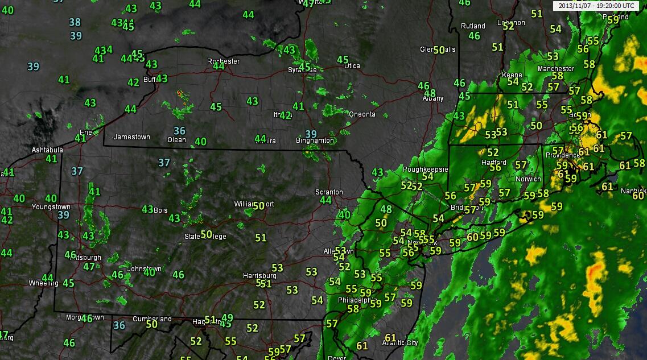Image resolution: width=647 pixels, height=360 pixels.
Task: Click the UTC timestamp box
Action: pos(596,5)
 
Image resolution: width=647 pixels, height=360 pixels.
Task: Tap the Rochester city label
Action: pos(223,61)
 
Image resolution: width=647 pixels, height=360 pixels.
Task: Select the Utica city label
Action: pos(352,65)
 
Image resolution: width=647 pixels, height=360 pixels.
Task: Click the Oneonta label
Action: pos(362,114)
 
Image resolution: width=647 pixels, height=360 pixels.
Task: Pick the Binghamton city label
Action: pos(315,140)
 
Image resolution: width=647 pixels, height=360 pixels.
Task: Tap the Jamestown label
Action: pos(131,137)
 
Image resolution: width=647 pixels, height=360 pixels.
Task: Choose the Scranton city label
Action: pos(329,192)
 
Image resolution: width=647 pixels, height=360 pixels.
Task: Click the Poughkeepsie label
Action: pos(426,169)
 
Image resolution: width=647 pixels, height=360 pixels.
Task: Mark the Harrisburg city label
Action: pos(259,276)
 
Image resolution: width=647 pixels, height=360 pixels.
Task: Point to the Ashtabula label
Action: pos(47,150)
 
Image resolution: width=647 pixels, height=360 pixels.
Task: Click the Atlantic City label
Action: pos(399,343)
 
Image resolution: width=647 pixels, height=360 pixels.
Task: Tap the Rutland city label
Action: pos(473,26)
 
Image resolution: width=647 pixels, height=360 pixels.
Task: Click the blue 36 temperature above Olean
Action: pos(179,131)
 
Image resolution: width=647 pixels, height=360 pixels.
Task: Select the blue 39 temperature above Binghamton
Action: pos(311,134)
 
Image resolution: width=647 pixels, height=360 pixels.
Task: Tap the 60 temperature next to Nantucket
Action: pos(638,196)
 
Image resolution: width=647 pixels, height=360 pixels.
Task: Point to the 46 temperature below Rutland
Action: pos(474,36)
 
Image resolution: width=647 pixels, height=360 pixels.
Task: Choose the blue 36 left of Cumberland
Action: pos(119,325)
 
